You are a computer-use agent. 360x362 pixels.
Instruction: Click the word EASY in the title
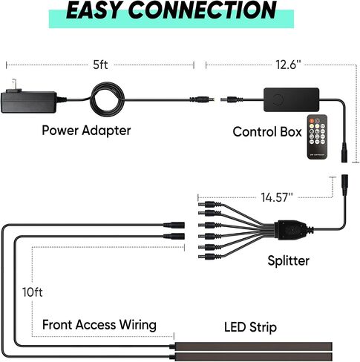95,10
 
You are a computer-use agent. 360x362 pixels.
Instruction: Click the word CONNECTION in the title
203,10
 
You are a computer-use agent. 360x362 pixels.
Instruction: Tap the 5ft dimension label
100,65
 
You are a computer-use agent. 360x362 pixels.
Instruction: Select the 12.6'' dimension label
288,65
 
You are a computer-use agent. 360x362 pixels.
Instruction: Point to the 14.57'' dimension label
277,197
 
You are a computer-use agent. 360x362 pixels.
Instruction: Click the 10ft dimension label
33,292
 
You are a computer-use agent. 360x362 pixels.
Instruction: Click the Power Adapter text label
86,131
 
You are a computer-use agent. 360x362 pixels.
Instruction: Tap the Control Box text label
267,131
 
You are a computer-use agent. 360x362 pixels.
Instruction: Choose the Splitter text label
289,260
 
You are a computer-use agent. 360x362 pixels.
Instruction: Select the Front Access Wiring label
99,325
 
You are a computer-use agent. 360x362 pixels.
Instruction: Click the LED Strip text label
250,327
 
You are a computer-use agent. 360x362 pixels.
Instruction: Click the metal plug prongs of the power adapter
14,86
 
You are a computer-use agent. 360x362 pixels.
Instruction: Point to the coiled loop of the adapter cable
107,99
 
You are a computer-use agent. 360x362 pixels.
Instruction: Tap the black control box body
291,99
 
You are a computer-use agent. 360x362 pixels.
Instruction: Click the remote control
318,136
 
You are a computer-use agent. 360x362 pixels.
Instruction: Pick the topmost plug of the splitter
209,205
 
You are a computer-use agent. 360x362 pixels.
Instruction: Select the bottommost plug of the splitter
209,257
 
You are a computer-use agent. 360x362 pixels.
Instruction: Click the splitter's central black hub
292,230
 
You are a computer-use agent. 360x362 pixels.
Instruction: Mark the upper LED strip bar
253,346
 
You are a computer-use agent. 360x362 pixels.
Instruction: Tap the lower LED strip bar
253,357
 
